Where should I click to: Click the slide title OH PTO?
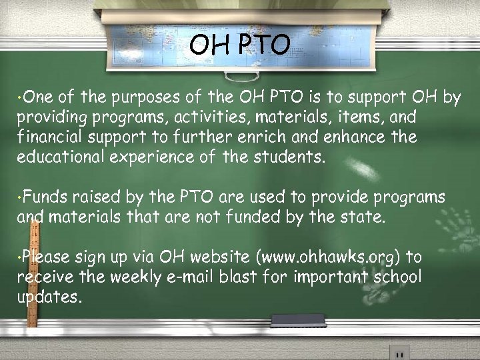point(239,45)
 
